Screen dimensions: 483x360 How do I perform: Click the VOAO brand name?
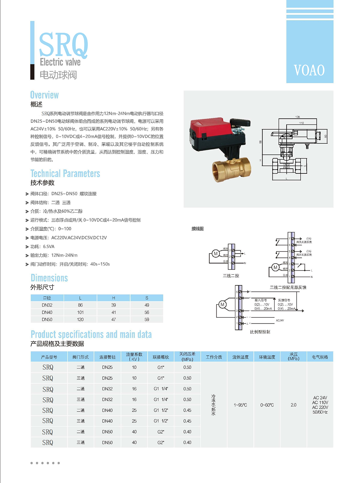click(309, 70)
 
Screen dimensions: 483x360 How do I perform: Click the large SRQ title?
click(64, 45)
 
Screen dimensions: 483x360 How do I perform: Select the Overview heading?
click(44, 95)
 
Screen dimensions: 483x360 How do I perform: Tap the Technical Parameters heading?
click(65, 173)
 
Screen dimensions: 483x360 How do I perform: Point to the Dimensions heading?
click(49, 278)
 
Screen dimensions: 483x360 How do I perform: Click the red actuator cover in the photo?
click(210, 127)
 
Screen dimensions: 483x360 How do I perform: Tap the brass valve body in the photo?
click(231, 170)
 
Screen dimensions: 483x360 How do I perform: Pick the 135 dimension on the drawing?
click(298, 117)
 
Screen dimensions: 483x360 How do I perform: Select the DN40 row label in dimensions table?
click(47, 312)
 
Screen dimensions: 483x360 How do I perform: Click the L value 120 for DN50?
click(80, 319)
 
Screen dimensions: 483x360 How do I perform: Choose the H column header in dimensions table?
click(113, 298)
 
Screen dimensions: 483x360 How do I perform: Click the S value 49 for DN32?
click(147, 305)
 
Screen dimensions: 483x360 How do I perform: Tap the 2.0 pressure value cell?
click(293, 405)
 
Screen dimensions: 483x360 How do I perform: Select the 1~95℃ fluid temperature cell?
click(240, 405)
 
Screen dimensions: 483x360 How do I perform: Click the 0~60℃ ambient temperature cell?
click(267, 405)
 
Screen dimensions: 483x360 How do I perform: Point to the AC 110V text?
click(320, 403)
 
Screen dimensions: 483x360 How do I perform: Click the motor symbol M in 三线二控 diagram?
click(215, 253)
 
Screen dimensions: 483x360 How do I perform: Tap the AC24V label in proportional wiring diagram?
click(280, 320)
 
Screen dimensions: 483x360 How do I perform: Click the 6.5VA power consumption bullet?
click(42, 247)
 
